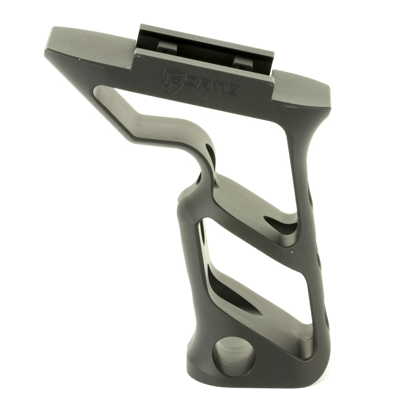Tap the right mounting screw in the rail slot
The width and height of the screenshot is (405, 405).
[x=242, y=62]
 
